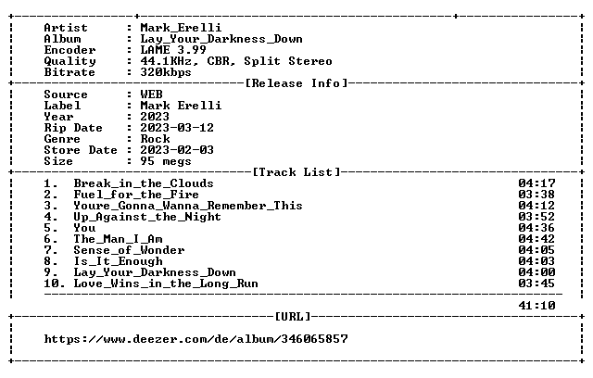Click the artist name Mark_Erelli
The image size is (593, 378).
tap(181, 28)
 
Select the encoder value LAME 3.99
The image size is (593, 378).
tap(173, 50)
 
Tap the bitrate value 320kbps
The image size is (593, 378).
tap(166, 72)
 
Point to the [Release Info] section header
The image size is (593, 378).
tap(296, 83)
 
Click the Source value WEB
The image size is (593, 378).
tap(151, 94)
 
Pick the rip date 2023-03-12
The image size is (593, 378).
tap(177, 128)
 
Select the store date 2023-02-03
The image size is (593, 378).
tap(177, 150)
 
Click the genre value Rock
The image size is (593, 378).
tap(155, 139)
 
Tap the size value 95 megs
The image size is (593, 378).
tap(166, 161)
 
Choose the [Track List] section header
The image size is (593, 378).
tap(296, 172)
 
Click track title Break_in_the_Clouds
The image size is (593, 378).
tap(144, 183)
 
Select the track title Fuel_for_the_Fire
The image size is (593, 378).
tap(136, 195)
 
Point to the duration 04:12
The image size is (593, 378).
tap(536, 206)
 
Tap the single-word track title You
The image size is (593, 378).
tap(84, 228)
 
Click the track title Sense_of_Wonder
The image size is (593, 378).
tap(129, 250)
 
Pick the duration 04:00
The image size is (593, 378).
tap(536, 272)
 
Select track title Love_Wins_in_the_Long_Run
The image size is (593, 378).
tap(166, 283)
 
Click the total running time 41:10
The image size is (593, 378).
tap(536, 306)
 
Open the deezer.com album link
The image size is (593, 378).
tap(196, 339)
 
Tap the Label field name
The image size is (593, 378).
tap(62, 106)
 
